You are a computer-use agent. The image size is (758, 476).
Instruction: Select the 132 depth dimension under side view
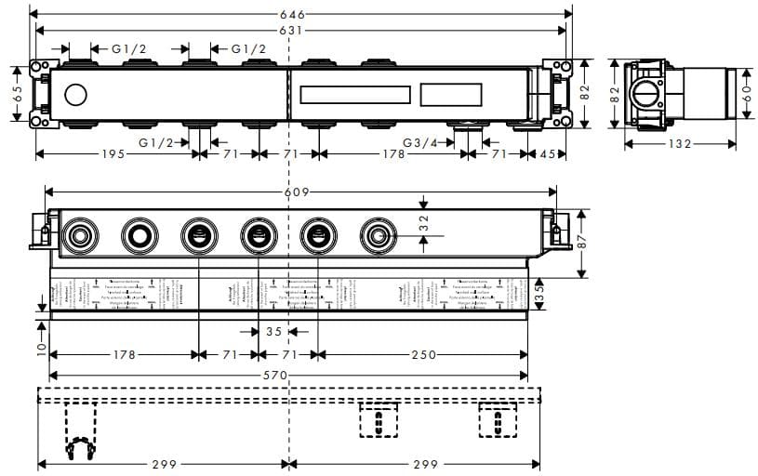[680, 144]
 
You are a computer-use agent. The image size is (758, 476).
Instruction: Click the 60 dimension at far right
[748, 94]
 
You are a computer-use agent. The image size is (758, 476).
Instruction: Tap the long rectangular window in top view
[354, 95]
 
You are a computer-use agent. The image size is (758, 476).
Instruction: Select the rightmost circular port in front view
[379, 233]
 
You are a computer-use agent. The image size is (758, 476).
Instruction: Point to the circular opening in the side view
[643, 95]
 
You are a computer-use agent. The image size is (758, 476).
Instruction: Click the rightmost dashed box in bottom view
[498, 420]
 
